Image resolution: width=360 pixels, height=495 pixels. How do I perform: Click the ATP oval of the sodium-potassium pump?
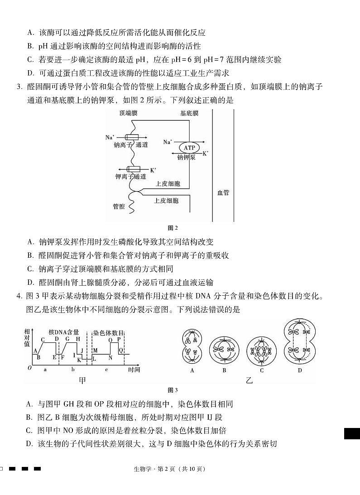click(187, 147)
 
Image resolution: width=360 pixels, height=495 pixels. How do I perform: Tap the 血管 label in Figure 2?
click(223, 192)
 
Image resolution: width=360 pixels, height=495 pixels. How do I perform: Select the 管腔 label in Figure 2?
click(119, 206)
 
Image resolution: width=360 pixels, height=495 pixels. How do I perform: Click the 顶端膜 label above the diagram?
click(128, 113)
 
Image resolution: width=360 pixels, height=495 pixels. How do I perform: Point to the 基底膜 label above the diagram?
click(189, 113)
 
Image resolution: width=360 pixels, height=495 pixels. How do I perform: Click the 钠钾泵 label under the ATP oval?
click(186, 157)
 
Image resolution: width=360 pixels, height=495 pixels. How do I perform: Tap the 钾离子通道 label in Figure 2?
click(131, 176)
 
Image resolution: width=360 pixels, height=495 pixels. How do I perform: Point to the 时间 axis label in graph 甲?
click(134, 370)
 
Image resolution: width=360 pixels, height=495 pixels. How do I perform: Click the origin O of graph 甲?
click(29, 368)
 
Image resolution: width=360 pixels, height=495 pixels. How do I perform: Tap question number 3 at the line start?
click(19, 87)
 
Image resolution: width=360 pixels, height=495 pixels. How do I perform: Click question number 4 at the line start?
click(19, 297)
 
